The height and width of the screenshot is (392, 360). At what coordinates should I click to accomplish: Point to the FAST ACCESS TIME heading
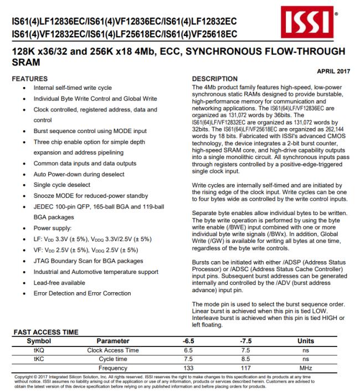point(46,332)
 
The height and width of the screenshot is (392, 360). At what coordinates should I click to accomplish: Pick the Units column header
point(306,340)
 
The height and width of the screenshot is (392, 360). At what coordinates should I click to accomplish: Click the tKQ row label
point(39,350)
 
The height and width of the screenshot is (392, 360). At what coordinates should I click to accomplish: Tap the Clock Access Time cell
point(112,350)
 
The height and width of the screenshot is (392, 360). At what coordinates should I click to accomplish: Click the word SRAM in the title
point(25,64)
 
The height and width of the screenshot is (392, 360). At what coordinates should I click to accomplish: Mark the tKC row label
point(39,359)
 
